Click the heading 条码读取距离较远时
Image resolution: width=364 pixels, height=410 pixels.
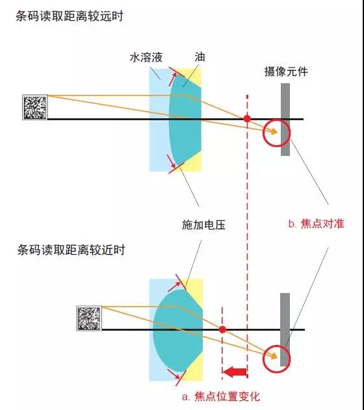(70, 16)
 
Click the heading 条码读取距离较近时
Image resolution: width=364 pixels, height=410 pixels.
(71, 250)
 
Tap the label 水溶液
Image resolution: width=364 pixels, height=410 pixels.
(146, 57)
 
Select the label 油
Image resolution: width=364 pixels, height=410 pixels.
(200, 57)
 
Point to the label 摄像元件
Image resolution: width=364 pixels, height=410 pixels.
(286, 71)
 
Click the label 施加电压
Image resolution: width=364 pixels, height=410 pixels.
(203, 225)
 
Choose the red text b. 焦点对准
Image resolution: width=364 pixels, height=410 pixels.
(317, 224)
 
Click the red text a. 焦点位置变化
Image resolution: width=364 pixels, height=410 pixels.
(221, 396)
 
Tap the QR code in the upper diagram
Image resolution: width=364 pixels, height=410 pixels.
(35, 107)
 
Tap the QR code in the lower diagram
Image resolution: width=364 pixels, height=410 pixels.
(89, 318)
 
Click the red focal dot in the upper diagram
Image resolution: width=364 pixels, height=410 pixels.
(247, 119)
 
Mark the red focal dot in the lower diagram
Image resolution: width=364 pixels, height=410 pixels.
(222, 329)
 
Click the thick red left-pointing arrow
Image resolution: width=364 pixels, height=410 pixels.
(235, 372)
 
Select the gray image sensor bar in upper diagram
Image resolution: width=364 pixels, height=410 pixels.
(285, 120)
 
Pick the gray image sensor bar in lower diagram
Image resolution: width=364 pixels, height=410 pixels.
(285, 329)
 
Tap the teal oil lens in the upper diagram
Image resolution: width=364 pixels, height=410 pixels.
(185, 120)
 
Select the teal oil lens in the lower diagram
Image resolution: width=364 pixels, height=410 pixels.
(178, 331)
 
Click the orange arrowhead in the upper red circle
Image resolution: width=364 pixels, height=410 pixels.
(274, 131)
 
